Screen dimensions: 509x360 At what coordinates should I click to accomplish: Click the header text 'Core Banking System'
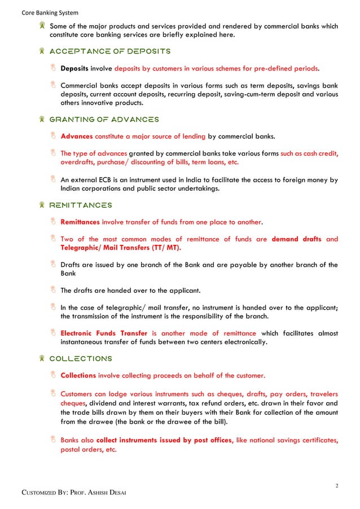50,12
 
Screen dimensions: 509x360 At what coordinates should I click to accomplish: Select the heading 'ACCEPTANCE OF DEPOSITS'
110,51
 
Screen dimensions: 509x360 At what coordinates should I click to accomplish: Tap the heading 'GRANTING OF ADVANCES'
104,120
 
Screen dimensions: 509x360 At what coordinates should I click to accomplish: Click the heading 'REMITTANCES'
81,205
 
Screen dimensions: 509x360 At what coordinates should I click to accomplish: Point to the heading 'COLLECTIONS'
81,358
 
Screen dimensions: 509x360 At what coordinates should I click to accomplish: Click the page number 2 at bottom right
336,484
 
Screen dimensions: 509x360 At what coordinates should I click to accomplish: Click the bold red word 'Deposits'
74,69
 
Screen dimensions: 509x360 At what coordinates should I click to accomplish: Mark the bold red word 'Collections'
78,375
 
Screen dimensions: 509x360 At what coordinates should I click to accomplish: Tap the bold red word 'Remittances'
80,222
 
